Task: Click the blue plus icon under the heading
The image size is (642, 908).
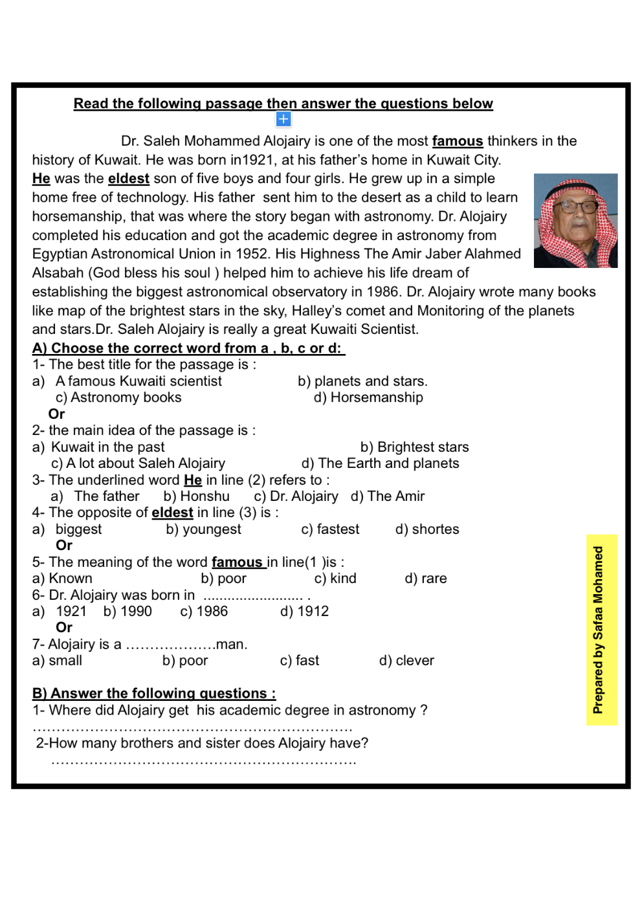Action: [x=283, y=119]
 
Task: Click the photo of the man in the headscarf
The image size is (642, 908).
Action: [x=575, y=221]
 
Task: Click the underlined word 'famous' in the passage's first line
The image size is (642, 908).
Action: [x=458, y=141]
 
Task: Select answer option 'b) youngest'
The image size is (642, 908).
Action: [x=203, y=529]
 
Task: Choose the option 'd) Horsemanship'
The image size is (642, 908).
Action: [x=368, y=397]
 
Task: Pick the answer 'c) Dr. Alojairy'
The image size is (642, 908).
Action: [x=296, y=496]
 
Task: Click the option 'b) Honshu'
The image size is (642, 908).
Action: [x=196, y=496]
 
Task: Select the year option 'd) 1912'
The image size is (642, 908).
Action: [x=304, y=612]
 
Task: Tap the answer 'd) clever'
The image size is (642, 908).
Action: [x=406, y=661]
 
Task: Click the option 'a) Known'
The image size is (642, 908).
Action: [x=62, y=579]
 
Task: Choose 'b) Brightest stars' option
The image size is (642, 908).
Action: [x=414, y=447]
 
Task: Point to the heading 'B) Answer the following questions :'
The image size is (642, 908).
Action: [x=154, y=694]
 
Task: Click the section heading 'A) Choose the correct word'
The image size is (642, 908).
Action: [x=188, y=348]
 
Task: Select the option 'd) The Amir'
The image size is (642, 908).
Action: [x=388, y=496]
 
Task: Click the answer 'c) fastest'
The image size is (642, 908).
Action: [x=330, y=529]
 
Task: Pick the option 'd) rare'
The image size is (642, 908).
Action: [x=425, y=579]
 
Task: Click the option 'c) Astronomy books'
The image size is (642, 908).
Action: [x=118, y=397]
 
